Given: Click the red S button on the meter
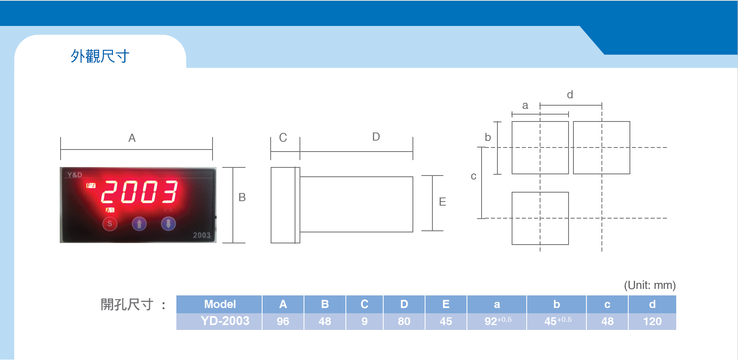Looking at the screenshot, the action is [110, 224].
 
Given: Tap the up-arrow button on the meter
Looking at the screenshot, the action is [139, 224].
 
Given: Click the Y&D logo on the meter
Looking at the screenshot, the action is [75, 175].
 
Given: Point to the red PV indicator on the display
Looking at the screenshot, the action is [91, 186].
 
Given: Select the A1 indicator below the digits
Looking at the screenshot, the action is [110, 210].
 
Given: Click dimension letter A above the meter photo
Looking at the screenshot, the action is [132, 138].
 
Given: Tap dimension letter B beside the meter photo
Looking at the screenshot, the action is [242, 197].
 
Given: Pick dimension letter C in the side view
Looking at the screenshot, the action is [283, 138].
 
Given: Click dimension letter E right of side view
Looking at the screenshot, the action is [443, 202].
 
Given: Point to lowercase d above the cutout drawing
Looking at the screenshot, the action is [570, 95].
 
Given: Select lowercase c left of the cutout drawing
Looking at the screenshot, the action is [473, 176].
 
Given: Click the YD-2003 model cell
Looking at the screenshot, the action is [225, 321].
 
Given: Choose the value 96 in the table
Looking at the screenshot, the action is [283, 321].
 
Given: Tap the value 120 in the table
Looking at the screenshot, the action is [652, 321].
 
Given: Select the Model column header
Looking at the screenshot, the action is [220, 304].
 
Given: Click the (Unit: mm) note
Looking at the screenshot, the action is [650, 285].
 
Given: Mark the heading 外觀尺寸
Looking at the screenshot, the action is [100, 56].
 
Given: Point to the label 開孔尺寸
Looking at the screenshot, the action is [127, 304].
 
